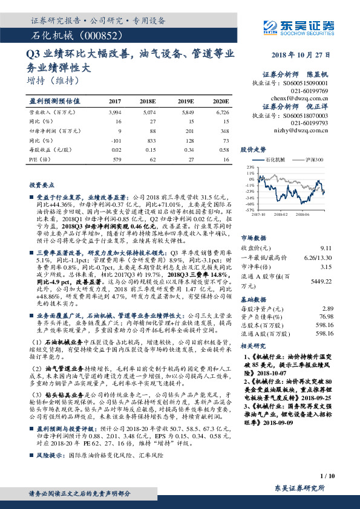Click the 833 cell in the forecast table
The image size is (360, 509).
tap(149, 139)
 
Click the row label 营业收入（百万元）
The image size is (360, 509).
tap(50, 112)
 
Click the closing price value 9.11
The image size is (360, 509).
tap(326, 248)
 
